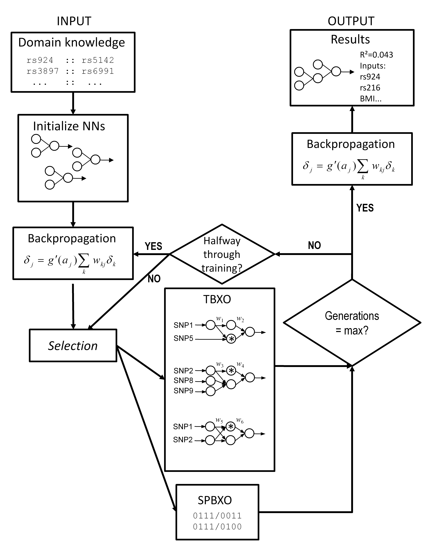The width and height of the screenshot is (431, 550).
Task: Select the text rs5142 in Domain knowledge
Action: [x=98, y=60]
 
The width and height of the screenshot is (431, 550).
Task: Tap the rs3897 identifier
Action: [x=43, y=71]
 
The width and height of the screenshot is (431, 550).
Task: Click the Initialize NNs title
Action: [x=69, y=126]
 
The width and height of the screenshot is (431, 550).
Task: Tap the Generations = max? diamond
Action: [x=352, y=323]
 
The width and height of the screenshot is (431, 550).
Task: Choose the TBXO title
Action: [x=217, y=299]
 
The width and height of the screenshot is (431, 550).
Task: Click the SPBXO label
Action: [x=215, y=500]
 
